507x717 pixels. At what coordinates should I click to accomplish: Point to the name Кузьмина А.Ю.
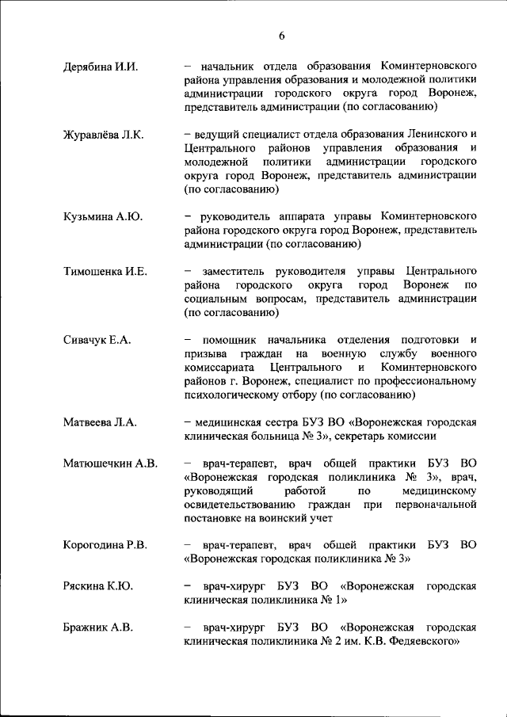click(x=102, y=216)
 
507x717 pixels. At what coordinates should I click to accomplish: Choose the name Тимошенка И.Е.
click(x=105, y=271)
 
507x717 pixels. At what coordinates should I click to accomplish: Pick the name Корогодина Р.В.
click(x=109, y=545)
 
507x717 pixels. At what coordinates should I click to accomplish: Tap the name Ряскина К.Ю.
click(x=97, y=586)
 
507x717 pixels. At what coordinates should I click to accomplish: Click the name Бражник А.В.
click(x=97, y=627)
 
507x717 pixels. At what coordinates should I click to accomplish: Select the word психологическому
click(x=232, y=395)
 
